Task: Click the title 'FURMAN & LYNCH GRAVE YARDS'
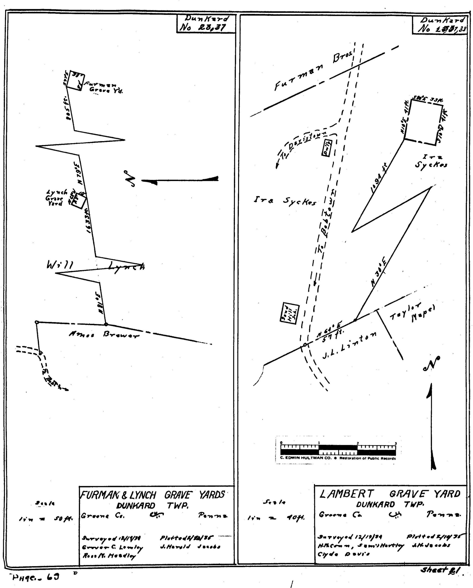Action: [x=153, y=495]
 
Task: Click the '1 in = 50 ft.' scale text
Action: [x=45, y=520]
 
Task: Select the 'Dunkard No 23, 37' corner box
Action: [x=206, y=24]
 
